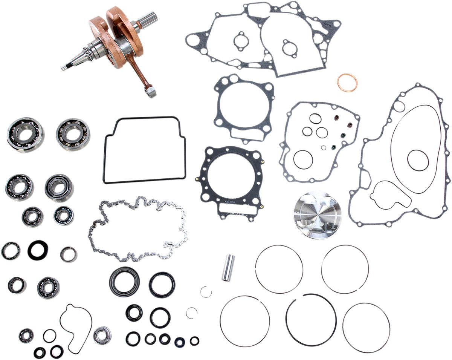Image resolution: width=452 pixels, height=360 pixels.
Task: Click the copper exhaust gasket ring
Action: (x=347, y=83)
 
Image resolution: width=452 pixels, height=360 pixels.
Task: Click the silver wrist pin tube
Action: (x=228, y=268)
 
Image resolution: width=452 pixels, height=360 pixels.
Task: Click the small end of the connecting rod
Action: (x=150, y=91)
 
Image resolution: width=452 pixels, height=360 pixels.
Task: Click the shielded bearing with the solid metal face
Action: (x=102, y=335)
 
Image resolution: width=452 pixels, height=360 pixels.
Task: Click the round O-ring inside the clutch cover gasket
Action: (x=417, y=160)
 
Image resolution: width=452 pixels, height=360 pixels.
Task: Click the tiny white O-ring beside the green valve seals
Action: (x=324, y=147)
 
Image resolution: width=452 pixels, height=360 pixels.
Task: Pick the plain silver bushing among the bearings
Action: (x=68, y=254)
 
